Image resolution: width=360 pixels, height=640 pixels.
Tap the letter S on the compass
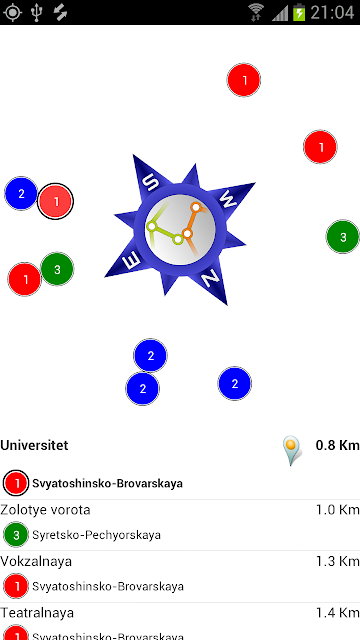click(152, 183)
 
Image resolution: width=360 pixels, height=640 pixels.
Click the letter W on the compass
click(229, 199)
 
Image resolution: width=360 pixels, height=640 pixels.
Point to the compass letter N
click(211, 280)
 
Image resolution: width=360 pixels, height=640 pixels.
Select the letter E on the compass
click(132, 260)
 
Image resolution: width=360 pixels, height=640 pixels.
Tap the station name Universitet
click(34, 445)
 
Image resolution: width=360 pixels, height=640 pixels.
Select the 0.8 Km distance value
click(338, 445)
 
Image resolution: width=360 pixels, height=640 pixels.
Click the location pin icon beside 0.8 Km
click(292, 451)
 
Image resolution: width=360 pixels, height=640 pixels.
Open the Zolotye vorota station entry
click(45, 510)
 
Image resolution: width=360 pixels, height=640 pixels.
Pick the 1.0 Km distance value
click(338, 510)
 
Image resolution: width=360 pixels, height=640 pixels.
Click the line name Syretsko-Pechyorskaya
click(96, 535)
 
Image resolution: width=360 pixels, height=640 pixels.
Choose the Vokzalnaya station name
click(36, 561)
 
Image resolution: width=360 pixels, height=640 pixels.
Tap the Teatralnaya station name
click(37, 613)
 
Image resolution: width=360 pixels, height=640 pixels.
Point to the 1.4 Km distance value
click(338, 613)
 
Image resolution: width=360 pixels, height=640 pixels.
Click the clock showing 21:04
click(332, 13)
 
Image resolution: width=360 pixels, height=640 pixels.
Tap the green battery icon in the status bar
click(299, 12)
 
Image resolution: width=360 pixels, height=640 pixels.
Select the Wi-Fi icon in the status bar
click(256, 12)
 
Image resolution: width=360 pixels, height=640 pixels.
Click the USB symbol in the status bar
click(37, 13)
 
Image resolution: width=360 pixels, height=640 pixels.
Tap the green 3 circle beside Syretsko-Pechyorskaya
click(16, 535)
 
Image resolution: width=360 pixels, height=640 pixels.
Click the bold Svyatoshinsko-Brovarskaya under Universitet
click(107, 484)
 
